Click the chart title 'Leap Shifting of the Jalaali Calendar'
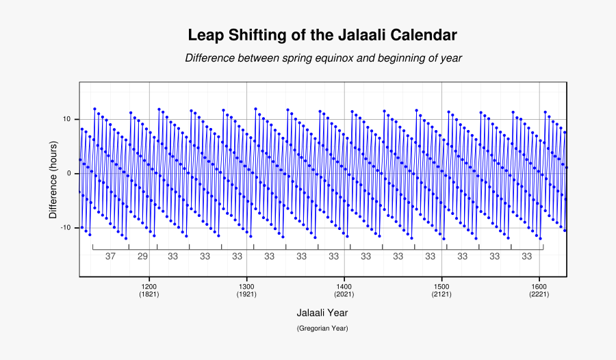[322, 35]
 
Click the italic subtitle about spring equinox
[323, 58]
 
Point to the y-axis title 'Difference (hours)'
[53, 179]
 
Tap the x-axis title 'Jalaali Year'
[322, 312]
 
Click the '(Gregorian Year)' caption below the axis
[322, 329]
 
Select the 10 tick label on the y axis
[67, 119]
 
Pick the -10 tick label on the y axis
[66, 227]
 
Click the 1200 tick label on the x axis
[149, 286]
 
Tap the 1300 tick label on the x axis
[246, 286]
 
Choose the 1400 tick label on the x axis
[344, 286]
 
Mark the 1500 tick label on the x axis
[441, 286]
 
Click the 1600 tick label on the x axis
[539, 286]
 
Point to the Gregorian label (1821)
[149, 294]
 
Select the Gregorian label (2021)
[344, 294]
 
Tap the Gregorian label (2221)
[539, 294]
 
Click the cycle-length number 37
[110, 256]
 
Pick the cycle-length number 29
[142, 256]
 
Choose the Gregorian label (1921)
[246, 294]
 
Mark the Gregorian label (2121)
[441, 294]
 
